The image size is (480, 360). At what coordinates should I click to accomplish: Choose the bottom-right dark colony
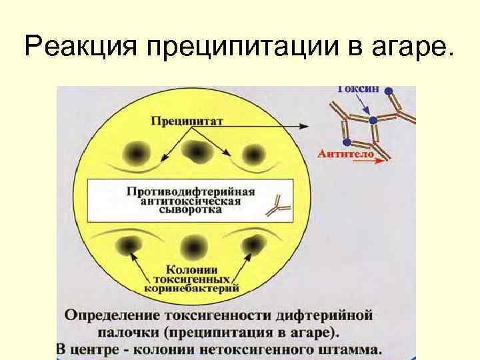click(x=254, y=247)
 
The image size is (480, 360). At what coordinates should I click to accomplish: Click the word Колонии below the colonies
click(x=190, y=269)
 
